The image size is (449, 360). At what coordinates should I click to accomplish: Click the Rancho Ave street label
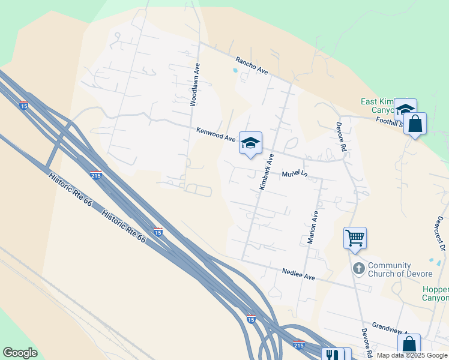coord(252,65)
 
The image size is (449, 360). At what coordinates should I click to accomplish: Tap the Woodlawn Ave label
coord(194,86)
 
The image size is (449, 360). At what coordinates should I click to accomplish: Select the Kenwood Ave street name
coord(216,134)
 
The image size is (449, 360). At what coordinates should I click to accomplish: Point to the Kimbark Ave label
coord(266,172)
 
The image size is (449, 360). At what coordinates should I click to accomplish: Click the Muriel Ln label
coord(295,175)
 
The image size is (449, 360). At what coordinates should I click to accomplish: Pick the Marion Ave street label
coord(312,227)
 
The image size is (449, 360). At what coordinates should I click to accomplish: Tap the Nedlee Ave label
coord(299,275)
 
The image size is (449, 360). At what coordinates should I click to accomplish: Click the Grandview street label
coord(390,329)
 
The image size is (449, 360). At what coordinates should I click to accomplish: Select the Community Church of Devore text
coord(400,269)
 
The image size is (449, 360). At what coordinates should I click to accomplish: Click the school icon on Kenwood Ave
coord(250,143)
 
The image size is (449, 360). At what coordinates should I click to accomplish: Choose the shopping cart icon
coord(355,238)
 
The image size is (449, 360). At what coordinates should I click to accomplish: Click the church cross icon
coord(358,268)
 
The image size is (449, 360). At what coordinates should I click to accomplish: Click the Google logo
coord(20,352)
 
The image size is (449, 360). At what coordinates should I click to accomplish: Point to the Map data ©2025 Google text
coord(412,355)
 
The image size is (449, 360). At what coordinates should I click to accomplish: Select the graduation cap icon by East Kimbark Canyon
coord(405,109)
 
